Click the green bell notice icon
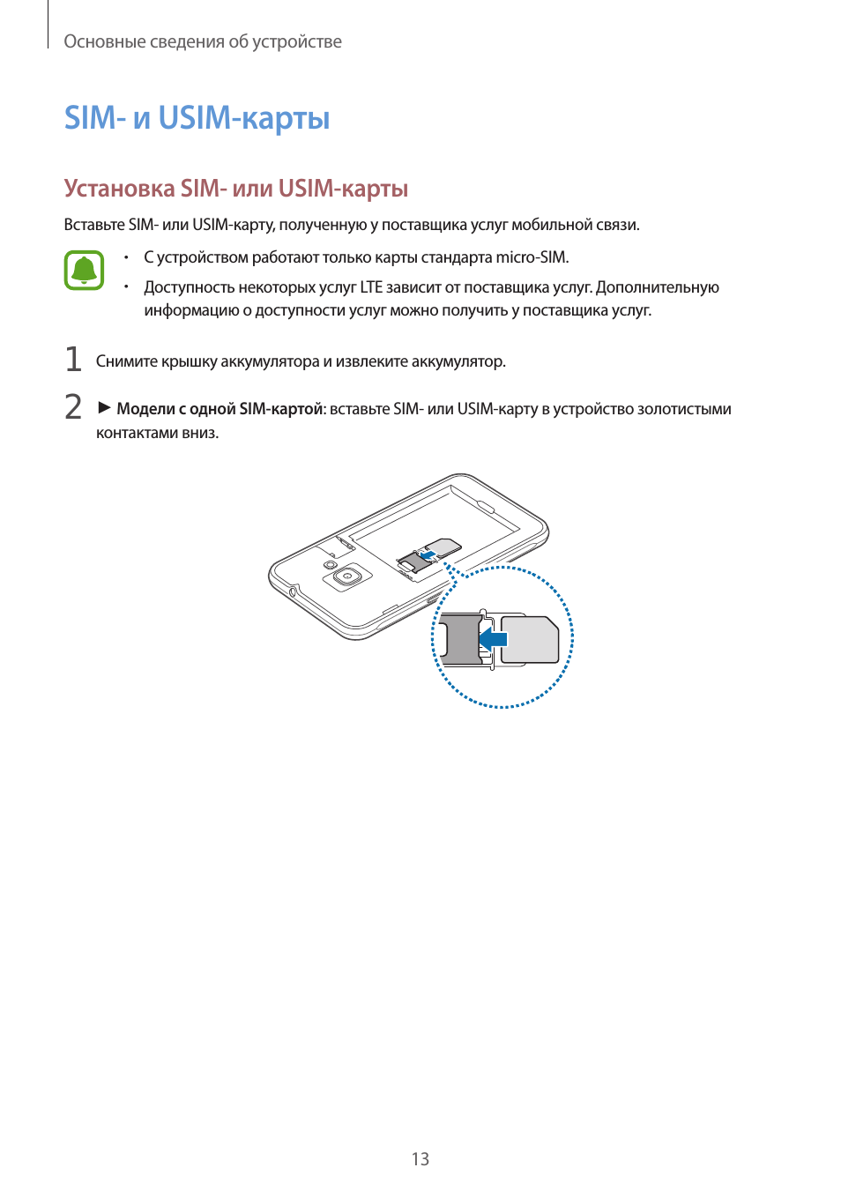point(84,271)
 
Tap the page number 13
point(420,1159)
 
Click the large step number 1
point(73,360)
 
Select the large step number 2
point(73,406)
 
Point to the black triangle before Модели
point(104,407)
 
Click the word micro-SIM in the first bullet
point(532,257)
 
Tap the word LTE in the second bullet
point(371,287)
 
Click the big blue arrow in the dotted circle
point(494,639)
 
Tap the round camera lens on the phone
point(348,576)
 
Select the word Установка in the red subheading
point(119,189)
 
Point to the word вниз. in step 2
point(200,433)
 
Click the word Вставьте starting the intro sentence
point(94,225)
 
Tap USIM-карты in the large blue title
point(244,117)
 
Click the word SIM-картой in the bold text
point(281,409)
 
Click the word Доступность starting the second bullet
point(190,287)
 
